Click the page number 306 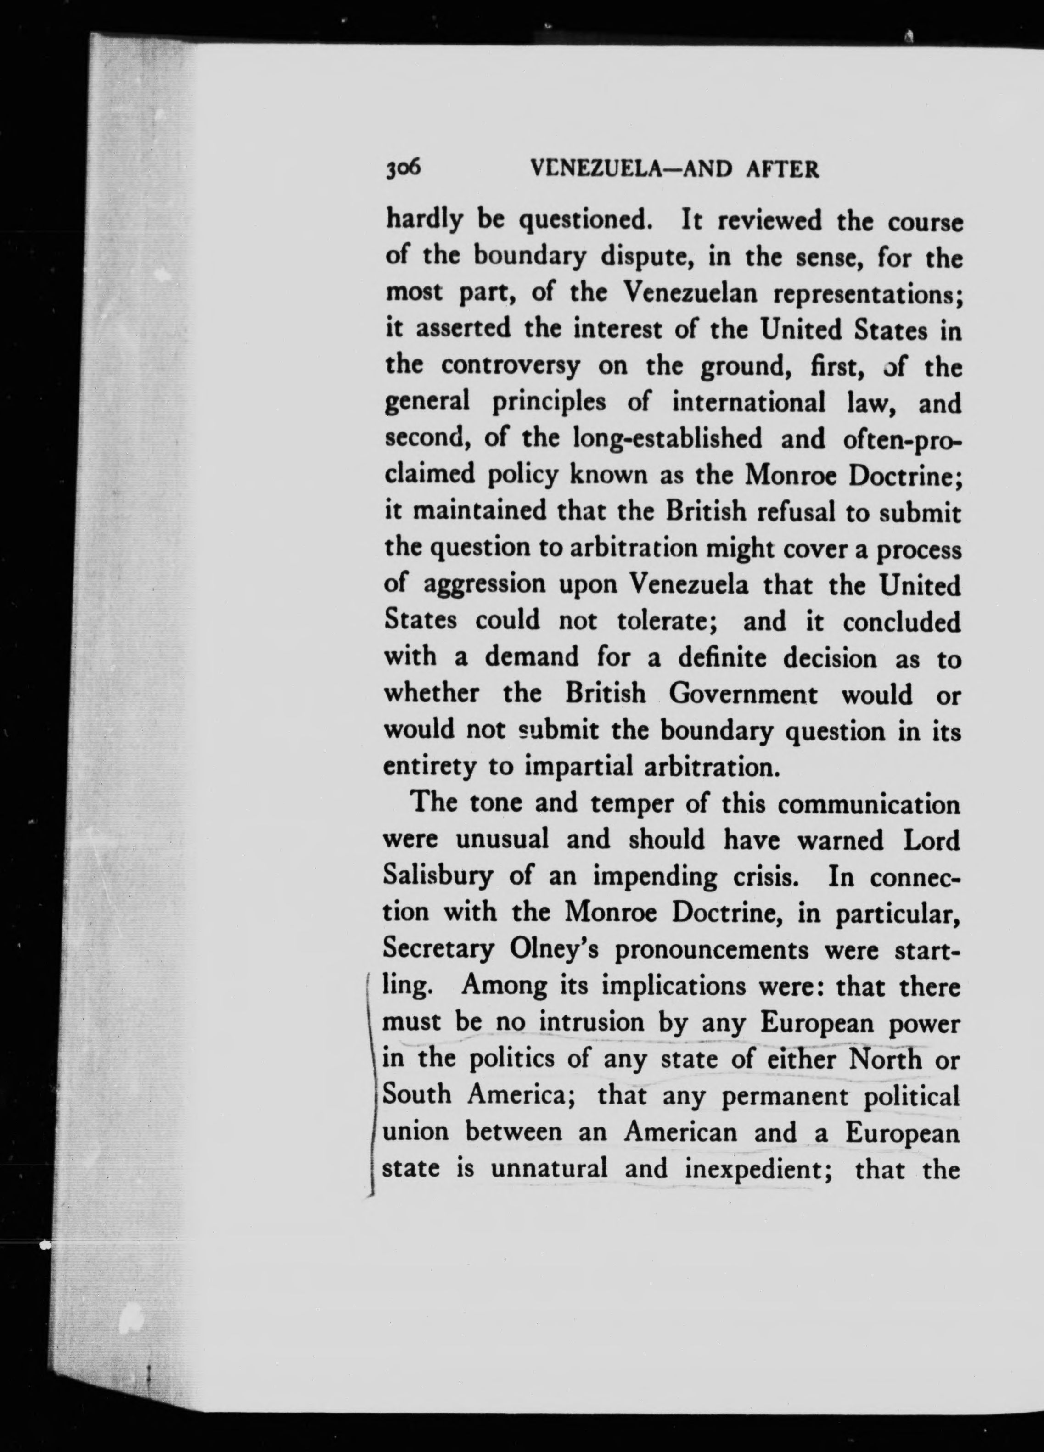point(403,168)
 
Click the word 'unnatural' point(549,1170)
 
